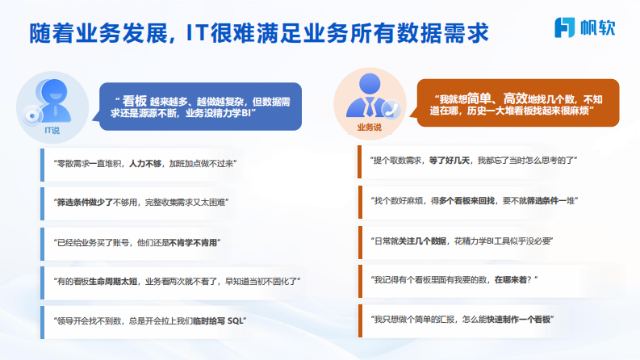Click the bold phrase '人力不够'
tap(146, 164)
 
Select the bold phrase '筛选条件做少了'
tap(82, 203)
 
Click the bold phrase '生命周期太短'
tap(114, 281)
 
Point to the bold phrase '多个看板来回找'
tap(467, 199)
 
